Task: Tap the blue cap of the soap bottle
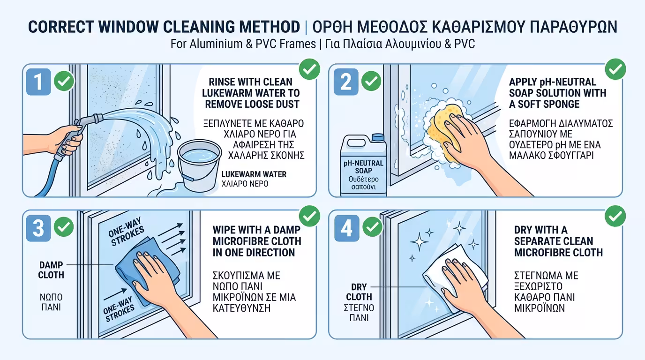[x=378, y=138]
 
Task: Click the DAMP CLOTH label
[x=51, y=270]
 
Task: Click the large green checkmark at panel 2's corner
[x=615, y=69]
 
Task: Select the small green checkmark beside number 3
[x=64, y=228]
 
